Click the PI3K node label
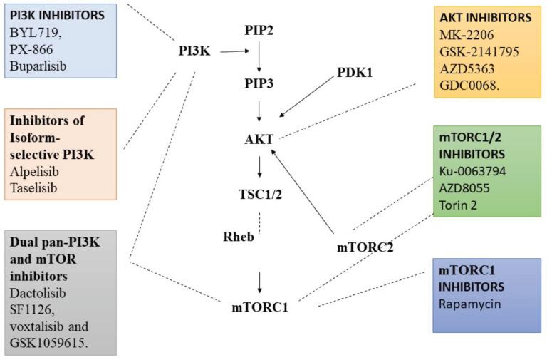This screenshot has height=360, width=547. tap(194, 52)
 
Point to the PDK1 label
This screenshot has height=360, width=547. tap(354, 73)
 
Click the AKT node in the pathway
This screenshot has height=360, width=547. tap(259, 139)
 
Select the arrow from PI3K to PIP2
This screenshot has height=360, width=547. tap(236, 51)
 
